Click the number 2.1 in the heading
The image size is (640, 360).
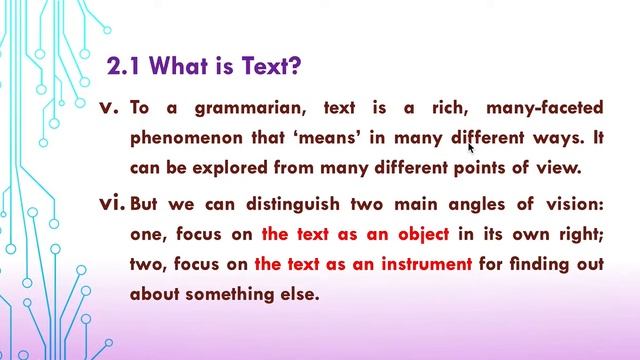[126, 68]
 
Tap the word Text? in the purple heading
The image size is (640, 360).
[267, 68]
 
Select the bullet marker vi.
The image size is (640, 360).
[113, 204]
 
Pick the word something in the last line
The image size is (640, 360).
[237, 294]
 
